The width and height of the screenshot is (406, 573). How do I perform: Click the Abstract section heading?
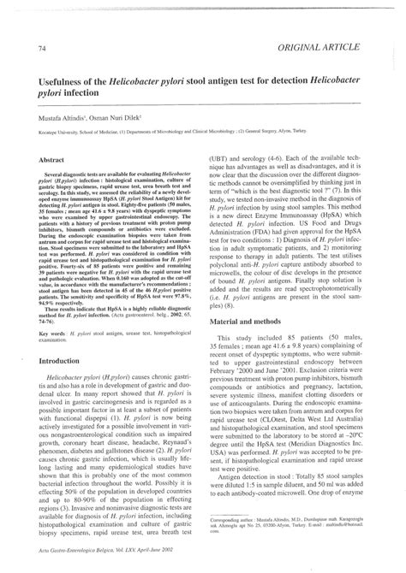click(x=54, y=159)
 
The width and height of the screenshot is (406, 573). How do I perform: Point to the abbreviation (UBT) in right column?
click(x=223, y=159)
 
